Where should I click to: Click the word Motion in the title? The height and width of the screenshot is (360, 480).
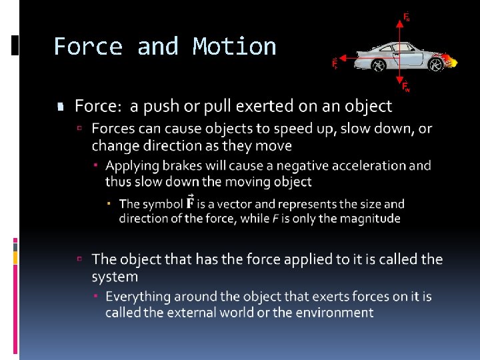(234, 47)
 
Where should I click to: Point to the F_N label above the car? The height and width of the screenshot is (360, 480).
(407, 17)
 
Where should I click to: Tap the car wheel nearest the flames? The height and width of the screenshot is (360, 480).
(436, 65)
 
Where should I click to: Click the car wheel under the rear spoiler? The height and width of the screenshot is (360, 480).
(377, 65)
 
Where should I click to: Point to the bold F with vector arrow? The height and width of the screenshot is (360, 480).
(190, 203)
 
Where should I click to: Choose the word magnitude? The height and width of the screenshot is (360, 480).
(371, 219)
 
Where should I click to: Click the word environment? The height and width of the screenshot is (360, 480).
(334, 313)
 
